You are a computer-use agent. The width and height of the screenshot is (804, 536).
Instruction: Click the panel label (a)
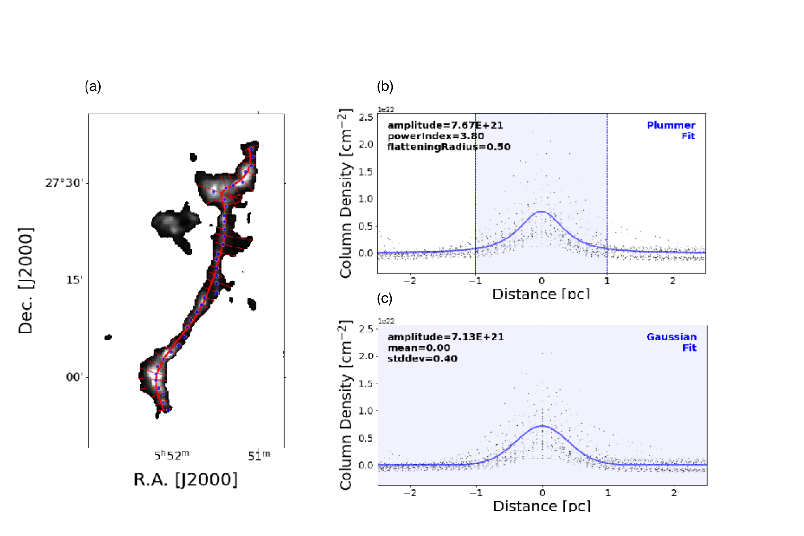(x=93, y=86)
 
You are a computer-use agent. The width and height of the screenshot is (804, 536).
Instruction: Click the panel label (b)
(x=385, y=86)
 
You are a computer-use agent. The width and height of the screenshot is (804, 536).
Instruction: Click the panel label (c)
(x=385, y=298)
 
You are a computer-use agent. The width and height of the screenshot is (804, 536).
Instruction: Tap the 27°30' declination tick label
(x=64, y=183)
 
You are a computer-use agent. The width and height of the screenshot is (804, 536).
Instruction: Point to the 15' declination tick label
(x=74, y=280)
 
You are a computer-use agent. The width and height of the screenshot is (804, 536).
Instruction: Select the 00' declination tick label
(x=74, y=377)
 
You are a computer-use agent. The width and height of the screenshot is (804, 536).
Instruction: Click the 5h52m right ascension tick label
(x=172, y=455)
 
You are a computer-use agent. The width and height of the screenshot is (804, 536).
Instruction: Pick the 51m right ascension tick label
(x=259, y=455)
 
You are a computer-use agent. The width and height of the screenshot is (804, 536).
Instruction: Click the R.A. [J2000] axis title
(x=186, y=480)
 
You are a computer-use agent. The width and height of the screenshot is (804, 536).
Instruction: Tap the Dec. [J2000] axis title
(x=26, y=281)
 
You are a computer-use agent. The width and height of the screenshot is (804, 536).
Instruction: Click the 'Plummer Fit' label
(x=671, y=130)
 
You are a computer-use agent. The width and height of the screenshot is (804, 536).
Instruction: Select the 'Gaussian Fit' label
(x=671, y=342)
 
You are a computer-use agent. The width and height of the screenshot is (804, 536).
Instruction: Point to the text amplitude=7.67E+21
(x=445, y=125)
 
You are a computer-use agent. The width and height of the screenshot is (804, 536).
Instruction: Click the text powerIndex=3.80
(x=436, y=136)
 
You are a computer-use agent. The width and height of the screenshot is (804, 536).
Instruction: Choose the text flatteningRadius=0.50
(x=449, y=147)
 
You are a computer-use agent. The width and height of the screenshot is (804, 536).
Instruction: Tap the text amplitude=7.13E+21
(x=446, y=337)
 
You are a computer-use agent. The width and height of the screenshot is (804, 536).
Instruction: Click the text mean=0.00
(x=418, y=348)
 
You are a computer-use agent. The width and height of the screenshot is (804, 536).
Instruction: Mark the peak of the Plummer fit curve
(x=541, y=212)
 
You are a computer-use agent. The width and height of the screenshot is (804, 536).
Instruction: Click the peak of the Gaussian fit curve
(x=542, y=426)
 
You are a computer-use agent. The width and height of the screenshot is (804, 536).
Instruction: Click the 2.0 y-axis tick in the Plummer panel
(x=366, y=144)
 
